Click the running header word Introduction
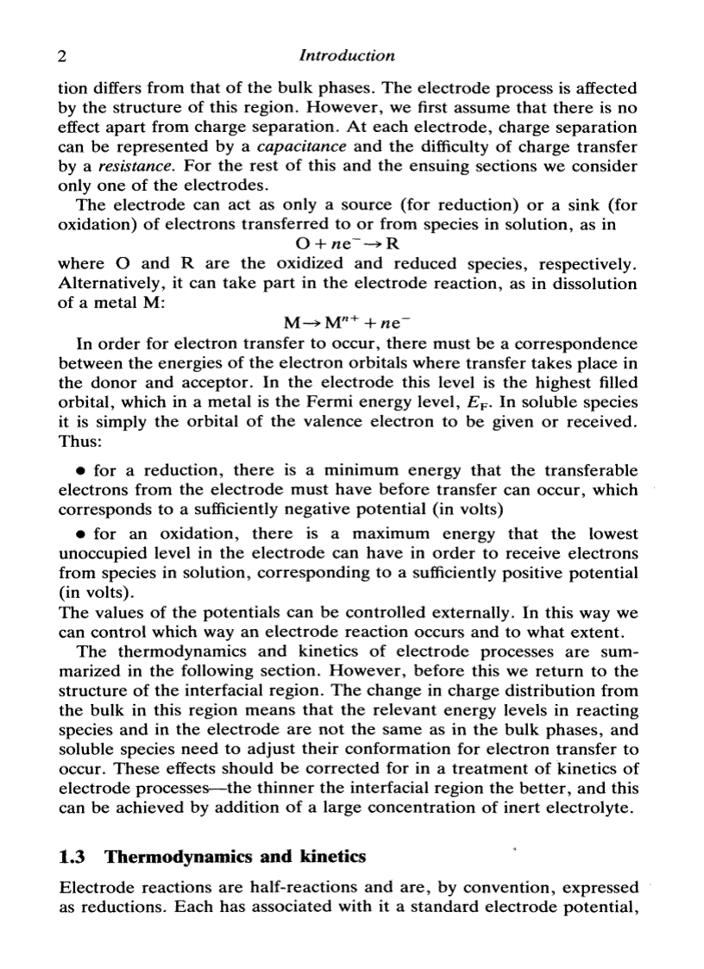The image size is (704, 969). [346, 56]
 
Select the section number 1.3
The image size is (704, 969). [72, 857]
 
